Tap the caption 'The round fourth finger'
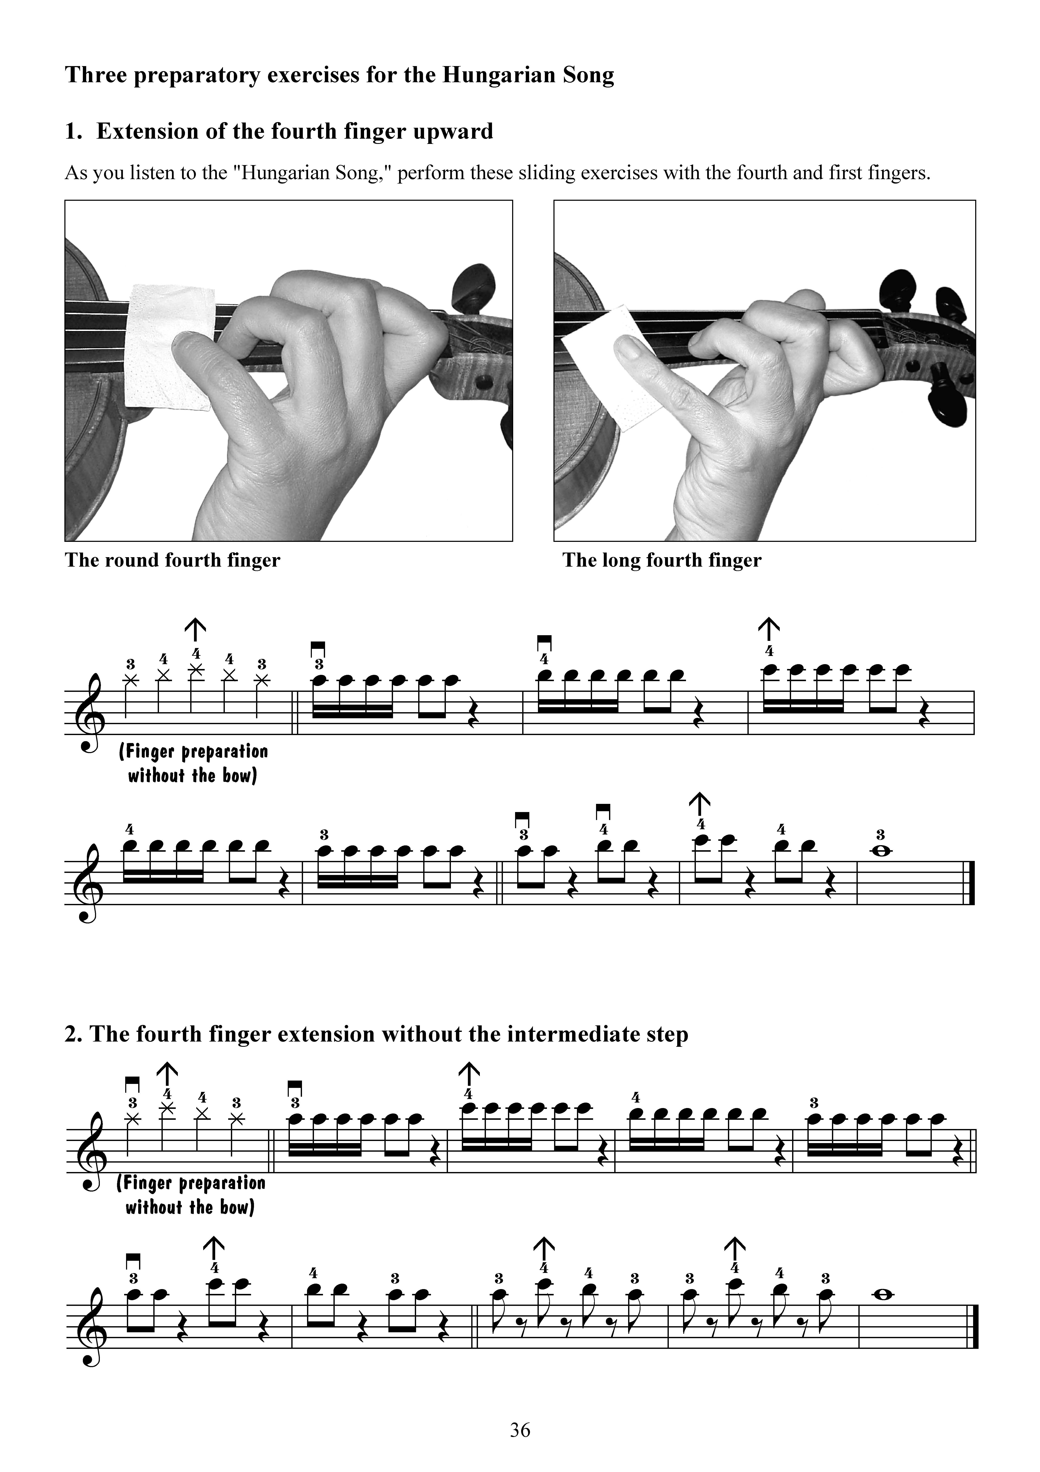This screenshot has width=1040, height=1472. [172, 560]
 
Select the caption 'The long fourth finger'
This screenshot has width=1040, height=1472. [662, 560]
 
